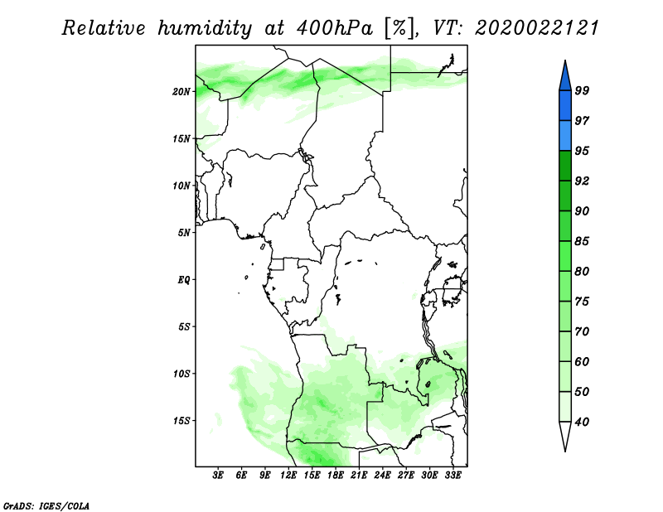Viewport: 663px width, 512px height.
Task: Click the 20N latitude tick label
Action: tap(181, 91)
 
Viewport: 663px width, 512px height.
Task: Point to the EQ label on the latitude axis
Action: tap(184, 280)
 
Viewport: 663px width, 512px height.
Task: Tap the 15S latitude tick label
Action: tap(181, 420)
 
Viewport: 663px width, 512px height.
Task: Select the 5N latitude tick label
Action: tap(184, 233)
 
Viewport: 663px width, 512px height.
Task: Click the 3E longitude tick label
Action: tap(218, 476)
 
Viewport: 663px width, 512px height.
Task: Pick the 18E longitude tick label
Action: tap(336, 476)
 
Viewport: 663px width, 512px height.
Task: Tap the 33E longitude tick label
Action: tap(452, 476)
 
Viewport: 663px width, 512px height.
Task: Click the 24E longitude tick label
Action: tap(382, 476)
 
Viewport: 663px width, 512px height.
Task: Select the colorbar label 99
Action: tap(582, 90)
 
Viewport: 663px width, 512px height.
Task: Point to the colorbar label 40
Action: tap(582, 422)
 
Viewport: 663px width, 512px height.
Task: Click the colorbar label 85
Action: tap(582, 241)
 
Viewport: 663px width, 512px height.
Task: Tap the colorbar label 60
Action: tap(582, 361)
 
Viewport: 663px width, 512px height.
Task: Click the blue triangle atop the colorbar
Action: tap(565, 79)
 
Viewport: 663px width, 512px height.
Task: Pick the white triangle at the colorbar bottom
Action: tap(565, 433)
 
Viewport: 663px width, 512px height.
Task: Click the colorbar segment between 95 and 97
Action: tap(565, 136)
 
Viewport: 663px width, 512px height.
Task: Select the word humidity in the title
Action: tap(205, 28)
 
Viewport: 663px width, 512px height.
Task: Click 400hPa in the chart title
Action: tap(335, 28)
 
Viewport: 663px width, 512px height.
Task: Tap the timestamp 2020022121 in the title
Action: tap(537, 28)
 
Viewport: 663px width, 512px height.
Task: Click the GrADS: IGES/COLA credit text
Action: tap(46, 505)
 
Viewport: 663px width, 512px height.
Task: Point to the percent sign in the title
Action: tap(399, 28)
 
